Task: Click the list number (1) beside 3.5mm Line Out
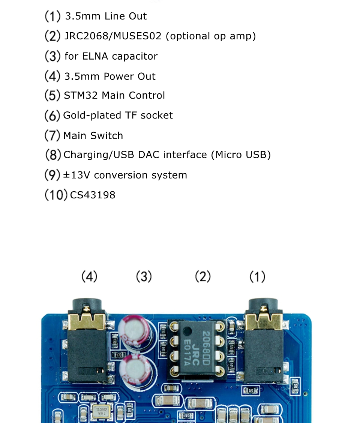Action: pyautogui.click(x=52, y=16)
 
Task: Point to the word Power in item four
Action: pyautogui.click(x=118, y=76)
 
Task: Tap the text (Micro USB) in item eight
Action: pyautogui.click(x=241, y=155)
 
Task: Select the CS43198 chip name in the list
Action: pyautogui.click(x=93, y=195)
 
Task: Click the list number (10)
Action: pyautogui.click(x=56, y=195)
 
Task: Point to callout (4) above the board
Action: pyautogui.click(x=89, y=277)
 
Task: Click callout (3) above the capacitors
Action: pyautogui.click(x=144, y=277)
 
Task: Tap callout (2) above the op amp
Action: pyautogui.click(x=203, y=277)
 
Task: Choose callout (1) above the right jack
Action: pyautogui.click(x=257, y=277)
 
